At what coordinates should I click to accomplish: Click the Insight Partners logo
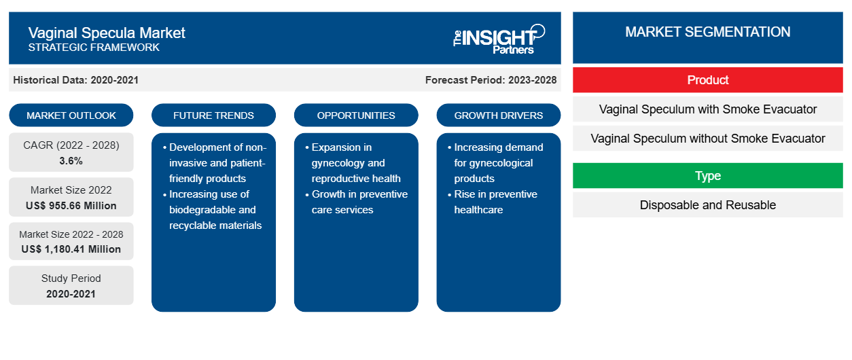499,39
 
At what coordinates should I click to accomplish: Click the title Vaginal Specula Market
107,33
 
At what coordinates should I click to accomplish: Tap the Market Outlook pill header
71,115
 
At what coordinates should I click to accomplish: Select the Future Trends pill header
213,115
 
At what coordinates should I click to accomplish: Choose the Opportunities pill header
356,115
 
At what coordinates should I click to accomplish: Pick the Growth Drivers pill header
498,115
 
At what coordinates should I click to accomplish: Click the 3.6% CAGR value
71,161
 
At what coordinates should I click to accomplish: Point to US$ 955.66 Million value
71,206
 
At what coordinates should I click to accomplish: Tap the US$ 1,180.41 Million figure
71,249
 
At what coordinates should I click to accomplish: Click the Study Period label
71,278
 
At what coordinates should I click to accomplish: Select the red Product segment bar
707,80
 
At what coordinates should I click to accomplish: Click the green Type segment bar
707,176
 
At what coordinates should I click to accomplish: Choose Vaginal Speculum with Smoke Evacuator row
707,109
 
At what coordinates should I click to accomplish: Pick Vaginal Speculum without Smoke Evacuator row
707,139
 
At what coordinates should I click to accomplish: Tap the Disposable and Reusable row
707,205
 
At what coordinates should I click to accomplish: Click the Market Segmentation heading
707,32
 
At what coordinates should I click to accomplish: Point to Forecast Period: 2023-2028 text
491,80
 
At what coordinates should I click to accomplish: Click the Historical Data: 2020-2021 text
75,80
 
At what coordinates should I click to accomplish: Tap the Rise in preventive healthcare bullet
493,202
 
